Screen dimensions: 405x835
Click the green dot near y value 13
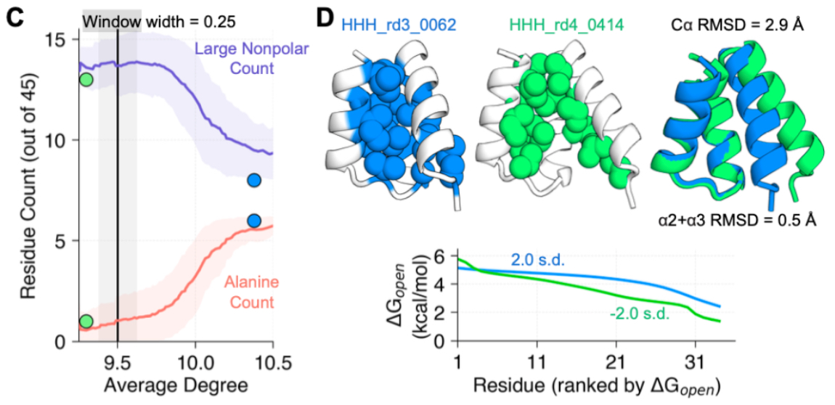[86, 79]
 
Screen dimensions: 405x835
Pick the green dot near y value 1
[86, 321]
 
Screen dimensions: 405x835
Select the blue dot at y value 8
[253, 180]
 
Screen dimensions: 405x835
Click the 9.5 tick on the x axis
[117, 361]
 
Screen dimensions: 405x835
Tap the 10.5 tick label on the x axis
[272, 361]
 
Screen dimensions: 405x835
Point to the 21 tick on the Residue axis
[616, 361]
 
